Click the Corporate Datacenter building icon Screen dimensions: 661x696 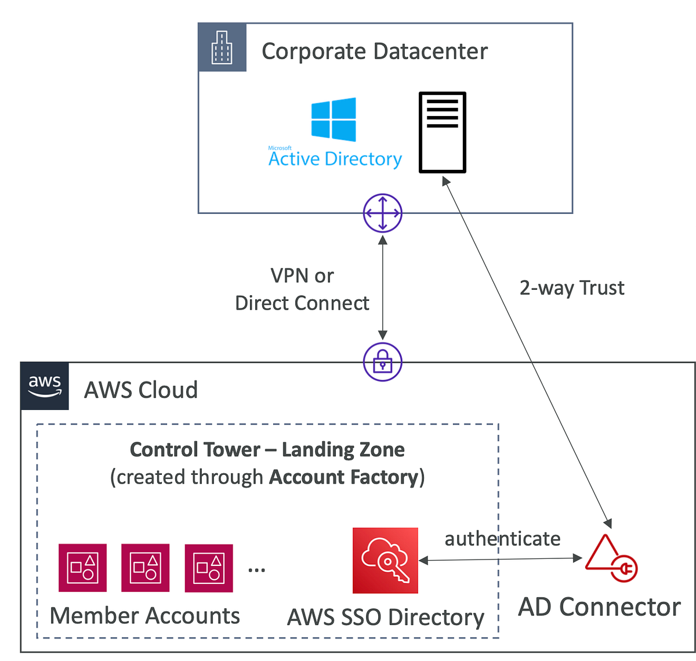pos(222,48)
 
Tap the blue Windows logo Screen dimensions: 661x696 pos(333,119)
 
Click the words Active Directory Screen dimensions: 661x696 pos(335,159)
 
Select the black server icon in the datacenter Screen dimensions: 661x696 pos(443,132)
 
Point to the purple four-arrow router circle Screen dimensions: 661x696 pos(383,213)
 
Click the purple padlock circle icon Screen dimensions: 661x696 pos(383,362)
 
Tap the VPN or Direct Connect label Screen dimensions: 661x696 pos(302,289)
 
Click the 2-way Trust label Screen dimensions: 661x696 pos(572,288)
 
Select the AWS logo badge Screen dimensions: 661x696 pos(45,386)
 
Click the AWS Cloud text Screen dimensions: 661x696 pos(141,390)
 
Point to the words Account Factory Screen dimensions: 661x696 pos(344,477)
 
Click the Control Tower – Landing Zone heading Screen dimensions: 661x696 pos(267,450)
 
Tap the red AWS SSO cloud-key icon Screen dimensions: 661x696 pos(385,560)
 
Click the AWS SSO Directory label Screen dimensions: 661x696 pos(386,618)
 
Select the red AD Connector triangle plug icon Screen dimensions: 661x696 pos(611,558)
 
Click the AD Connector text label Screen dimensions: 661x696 pos(599,607)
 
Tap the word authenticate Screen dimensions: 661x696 pos(502,539)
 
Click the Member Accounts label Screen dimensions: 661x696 pos(145,616)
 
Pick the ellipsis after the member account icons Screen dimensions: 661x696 pos(256,570)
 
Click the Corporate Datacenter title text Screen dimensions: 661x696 pos(375,52)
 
